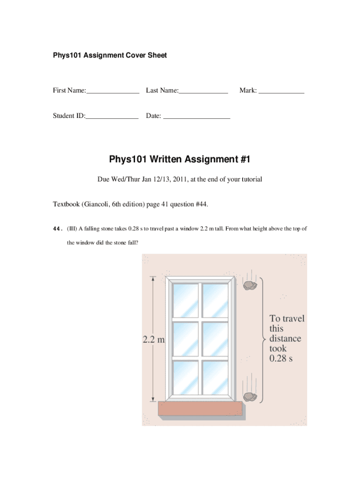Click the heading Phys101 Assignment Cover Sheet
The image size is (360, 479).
[x=109, y=55]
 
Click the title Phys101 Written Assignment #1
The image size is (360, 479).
[x=180, y=160]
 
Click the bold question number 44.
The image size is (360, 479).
[x=58, y=229]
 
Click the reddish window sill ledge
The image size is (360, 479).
[x=201, y=409]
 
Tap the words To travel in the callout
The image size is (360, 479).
[x=287, y=319]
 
